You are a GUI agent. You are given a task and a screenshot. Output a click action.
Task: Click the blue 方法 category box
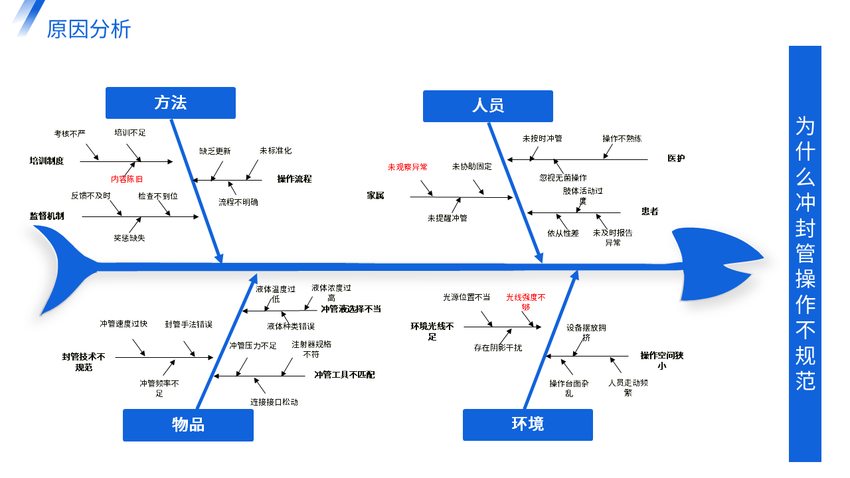pos(171,103)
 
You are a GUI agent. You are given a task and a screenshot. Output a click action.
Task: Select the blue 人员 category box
pos(487,106)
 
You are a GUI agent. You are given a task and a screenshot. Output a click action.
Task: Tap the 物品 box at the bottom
pos(188,425)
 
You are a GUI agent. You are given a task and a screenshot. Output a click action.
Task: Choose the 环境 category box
pos(527,424)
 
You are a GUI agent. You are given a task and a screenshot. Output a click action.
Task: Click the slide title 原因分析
pos(89,29)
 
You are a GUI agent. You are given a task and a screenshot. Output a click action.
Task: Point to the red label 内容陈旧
pos(127,179)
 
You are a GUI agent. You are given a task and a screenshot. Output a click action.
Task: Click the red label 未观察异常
pos(407,167)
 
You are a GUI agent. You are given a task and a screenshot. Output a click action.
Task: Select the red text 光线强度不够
pos(525,302)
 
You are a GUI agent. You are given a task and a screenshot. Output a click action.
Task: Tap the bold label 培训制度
pos(46,161)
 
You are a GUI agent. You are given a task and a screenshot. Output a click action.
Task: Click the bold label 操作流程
pos(294,179)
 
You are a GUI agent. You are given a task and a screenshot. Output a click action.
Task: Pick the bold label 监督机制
pos(46,216)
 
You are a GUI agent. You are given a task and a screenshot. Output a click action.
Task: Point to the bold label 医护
pos(676,158)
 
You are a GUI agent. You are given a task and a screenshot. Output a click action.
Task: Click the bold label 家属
pos(375,195)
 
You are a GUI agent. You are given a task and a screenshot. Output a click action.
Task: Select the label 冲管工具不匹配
pos(344,375)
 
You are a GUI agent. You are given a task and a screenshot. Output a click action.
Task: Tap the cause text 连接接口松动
pos(274,402)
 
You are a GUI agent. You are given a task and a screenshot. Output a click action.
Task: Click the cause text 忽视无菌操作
pos(563,177)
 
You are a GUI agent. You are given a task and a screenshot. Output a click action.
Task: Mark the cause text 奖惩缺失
pos(129,238)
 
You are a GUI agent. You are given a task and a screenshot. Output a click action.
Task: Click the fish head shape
pos(713,264)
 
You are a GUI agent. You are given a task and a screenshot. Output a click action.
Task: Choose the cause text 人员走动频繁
pos(628,388)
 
